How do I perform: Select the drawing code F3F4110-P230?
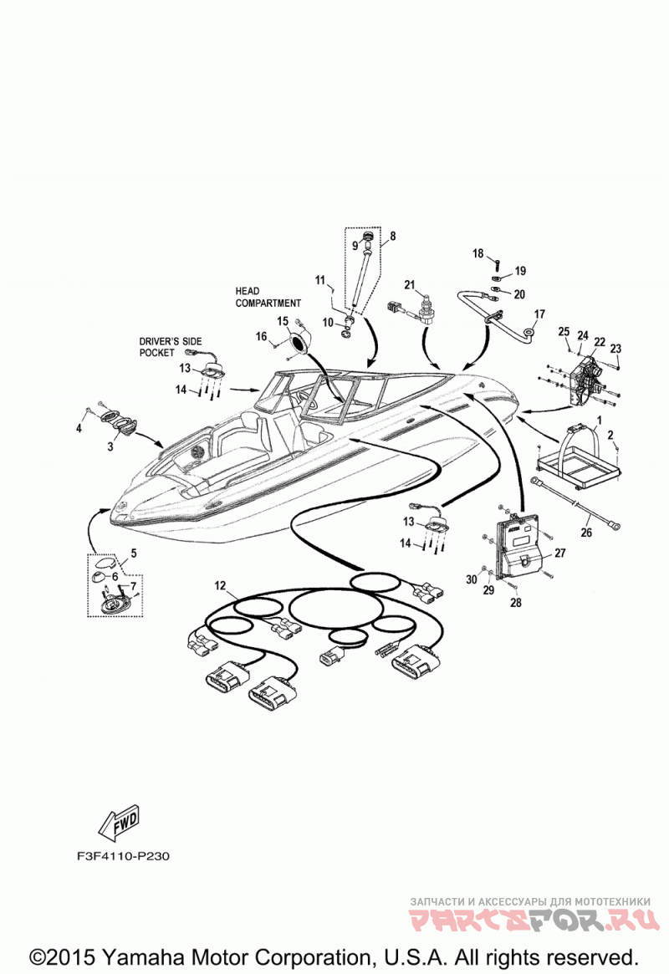(123, 856)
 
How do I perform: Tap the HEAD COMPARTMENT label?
(268, 297)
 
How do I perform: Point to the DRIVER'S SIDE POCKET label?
(171, 347)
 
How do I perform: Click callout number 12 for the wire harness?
(221, 586)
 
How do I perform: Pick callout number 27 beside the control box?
(560, 553)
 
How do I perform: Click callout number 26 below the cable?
(586, 533)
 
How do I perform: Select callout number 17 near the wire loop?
(539, 314)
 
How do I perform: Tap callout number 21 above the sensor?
(410, 284)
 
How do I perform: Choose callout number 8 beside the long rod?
(392, 236)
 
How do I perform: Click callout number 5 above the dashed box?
(134, 553)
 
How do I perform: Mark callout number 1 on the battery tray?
(599, 421)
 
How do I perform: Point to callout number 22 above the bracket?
(600, 342)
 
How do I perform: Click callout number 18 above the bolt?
(477, 252)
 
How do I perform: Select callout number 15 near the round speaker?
(283, 321)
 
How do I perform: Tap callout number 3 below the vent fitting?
(110, 446)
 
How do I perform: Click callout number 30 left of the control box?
(472, 579)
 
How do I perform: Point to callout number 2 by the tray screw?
(610, 435)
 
